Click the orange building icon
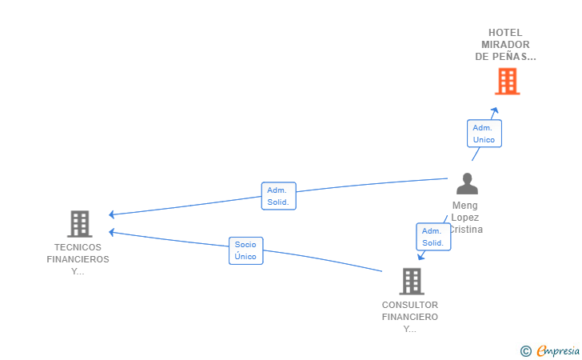click(508, 82)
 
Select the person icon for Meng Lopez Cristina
click(467, 183)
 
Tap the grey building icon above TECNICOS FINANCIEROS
click(80, 224)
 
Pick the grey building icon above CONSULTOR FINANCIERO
click(412, 282)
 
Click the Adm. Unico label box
click(484, 134)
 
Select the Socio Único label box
click(245, 250)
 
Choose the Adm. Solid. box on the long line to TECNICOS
click(279, 196)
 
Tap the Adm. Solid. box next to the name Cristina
click(433, 237)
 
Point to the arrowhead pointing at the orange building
click(495, 110)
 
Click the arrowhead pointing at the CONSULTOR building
click(421, 256)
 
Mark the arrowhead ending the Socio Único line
click(111, 232)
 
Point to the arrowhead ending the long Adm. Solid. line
click(111, 214)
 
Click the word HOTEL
click(505, 33)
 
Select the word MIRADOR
click(505, 45)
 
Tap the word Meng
click(465, 206)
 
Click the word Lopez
click(465, 218)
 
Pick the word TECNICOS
click(78, 247)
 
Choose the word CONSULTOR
click(410, 305)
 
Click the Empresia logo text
click(558, 350)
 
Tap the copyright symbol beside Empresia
click(526, 351)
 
